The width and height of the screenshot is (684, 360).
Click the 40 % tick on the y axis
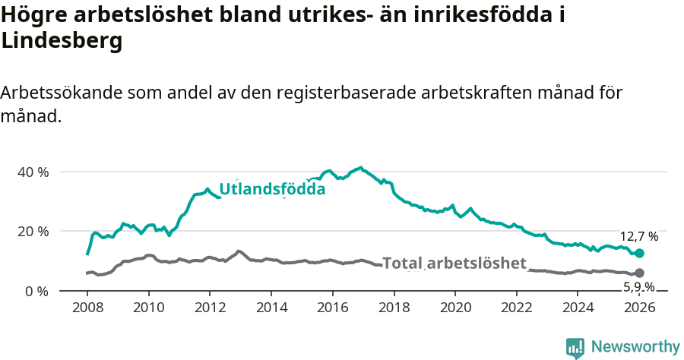33,172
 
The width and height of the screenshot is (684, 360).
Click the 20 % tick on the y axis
33,231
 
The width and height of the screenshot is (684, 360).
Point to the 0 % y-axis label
36,291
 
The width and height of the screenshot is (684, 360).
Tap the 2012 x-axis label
210,308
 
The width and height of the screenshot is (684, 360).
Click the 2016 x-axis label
332,308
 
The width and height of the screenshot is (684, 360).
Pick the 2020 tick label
455,308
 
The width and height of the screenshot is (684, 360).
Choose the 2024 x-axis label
578,308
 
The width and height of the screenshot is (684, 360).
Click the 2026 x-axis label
639,308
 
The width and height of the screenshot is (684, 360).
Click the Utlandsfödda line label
272,189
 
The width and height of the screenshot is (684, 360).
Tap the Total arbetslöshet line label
454,264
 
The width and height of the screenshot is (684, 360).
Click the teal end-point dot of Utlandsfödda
639,253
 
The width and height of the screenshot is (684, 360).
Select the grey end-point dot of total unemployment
639,273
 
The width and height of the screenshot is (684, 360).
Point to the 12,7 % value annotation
639,237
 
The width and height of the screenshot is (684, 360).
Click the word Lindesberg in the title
62,43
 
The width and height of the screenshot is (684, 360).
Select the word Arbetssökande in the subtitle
60,93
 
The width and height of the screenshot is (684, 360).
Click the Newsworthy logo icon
575,347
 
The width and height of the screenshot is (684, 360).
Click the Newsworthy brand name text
635,347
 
